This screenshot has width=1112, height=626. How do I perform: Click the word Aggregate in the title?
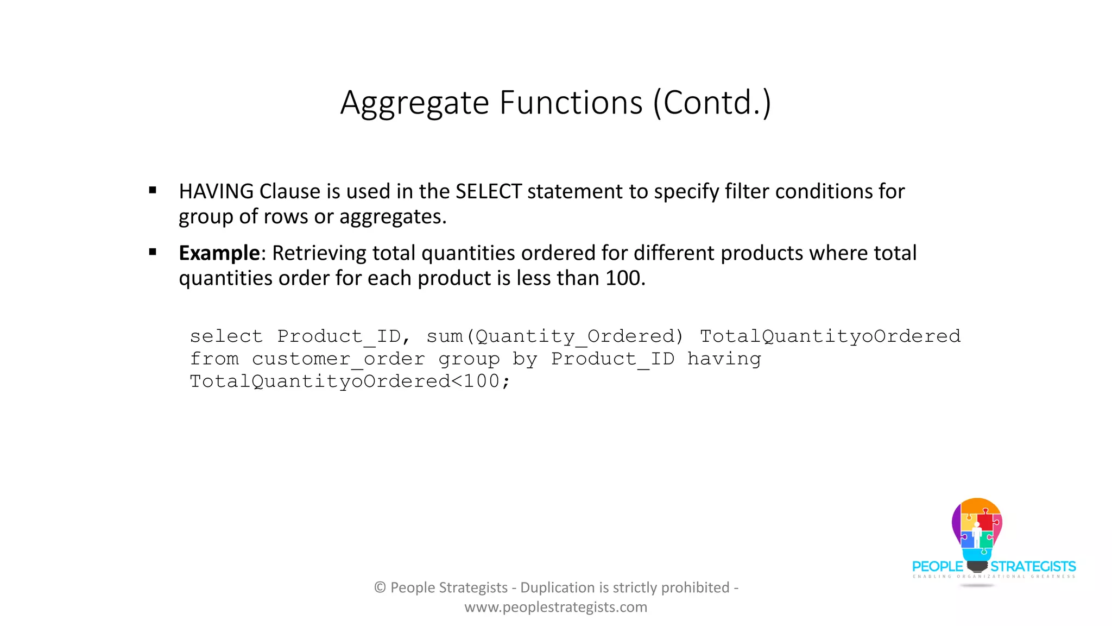pyautogui.click(x=415, y=103)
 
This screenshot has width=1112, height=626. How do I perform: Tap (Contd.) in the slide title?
pyautogui.click(x=712, y=103)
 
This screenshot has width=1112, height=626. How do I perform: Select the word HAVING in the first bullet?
pyautogui.click(x=216, y=192)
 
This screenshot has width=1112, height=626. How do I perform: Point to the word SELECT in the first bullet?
pyautogui.click(x=488, y=192)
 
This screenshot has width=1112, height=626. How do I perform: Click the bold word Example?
pyautogui.click(x=219, y=254)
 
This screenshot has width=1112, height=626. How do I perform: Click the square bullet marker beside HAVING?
pyautogui.click(x=153, y=190)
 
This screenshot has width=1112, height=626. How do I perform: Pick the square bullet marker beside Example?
pyautogui.click(x=153, y=252)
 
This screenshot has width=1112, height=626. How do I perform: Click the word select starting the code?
pyautogui.click(x=226, y=336)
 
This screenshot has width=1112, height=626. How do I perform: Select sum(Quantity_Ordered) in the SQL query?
pyautogui.click(x=554, y=336)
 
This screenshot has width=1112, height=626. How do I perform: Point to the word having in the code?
pyautogui.click(x=724, y=359)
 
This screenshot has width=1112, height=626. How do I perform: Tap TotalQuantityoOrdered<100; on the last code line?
pyautogui.click(x=350, y=381)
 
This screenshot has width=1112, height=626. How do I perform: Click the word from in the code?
pyautogui.click(x=214, y=359)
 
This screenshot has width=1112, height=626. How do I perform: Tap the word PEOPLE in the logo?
pyautogui.click(x=937, y=567)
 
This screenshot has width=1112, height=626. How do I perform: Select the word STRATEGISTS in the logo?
pyautogui.click(x=1033, y=567)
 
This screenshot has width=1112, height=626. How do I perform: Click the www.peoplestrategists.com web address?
pyautogui.click(x=555, y=607)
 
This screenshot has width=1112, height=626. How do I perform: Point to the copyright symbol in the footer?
pyautogui.click(x=380, y=587)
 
